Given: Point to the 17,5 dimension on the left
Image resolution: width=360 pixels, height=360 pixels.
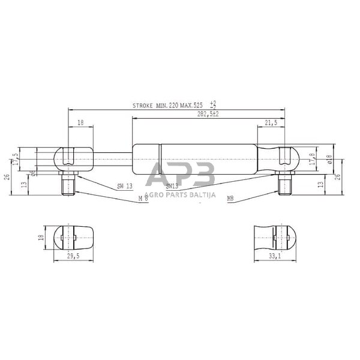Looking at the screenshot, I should click(x=16, y=160).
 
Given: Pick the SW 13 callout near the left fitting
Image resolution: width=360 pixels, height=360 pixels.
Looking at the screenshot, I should click(x=125, y=187).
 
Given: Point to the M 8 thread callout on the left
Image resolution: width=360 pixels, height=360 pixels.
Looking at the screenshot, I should click(x=143, y=197).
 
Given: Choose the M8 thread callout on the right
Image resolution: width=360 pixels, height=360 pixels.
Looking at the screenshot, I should click(x=230, y=197).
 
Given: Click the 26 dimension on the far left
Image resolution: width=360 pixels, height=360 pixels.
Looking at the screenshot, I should click(x=5, y=177).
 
